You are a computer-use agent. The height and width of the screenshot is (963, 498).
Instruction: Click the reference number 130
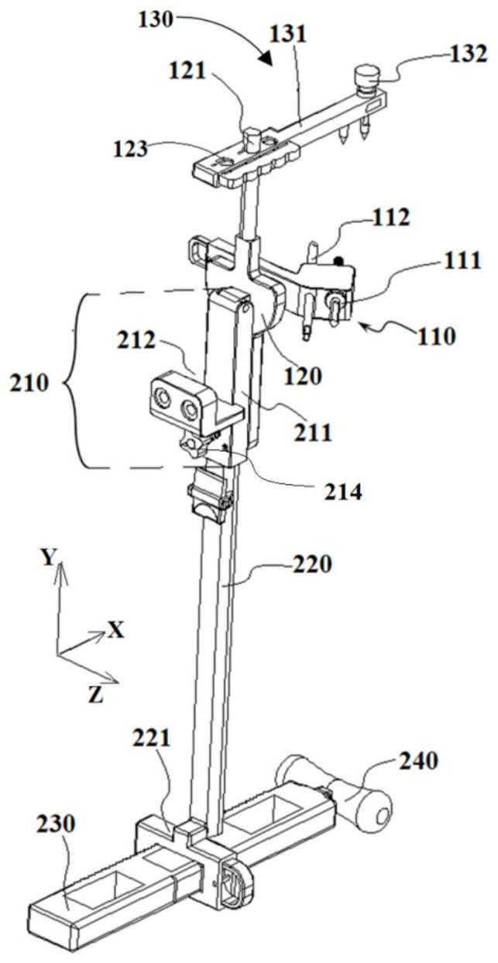156,20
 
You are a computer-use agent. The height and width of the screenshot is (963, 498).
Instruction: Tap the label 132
469,54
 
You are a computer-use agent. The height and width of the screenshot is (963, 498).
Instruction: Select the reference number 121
187,71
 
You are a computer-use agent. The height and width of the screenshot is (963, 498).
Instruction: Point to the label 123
130,150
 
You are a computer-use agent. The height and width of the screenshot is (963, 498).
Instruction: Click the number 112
391,218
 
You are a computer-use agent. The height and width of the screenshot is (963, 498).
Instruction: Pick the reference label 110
436,336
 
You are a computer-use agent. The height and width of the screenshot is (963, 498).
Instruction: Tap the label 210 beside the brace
29,383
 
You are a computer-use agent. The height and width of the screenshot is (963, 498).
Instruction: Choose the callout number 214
343,492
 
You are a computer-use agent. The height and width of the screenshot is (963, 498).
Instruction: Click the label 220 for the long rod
312,565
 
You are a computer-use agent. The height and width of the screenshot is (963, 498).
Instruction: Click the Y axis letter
49,558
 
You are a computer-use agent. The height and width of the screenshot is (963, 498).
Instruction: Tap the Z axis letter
96,695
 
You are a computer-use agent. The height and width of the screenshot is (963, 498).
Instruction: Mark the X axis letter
115,631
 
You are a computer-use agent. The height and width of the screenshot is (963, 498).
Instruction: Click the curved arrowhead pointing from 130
266,58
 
